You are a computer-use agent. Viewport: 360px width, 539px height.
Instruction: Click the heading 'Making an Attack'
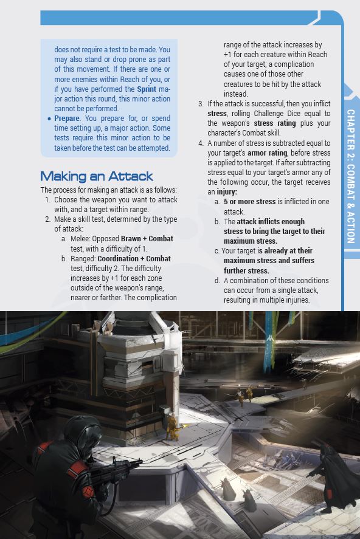(96, 176)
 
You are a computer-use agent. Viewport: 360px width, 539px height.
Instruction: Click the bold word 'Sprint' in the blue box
(146, 89)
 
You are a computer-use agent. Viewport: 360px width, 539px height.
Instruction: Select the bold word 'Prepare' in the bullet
(66, 118)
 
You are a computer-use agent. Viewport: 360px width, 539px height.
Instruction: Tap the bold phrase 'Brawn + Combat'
(146, 239)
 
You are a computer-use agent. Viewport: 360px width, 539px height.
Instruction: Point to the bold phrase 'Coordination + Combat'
(134, 259)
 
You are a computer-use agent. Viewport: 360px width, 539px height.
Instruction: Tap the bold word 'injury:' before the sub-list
(227, 192)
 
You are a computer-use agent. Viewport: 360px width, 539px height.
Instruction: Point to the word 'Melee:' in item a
(81, 239)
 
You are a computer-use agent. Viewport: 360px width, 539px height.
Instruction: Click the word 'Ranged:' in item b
(83, 259)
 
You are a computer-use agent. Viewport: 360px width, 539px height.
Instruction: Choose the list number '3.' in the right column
(201, 104)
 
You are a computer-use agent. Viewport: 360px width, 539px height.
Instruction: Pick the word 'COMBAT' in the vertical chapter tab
(351, 176)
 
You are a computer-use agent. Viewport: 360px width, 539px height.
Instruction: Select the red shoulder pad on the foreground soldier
(77, 466)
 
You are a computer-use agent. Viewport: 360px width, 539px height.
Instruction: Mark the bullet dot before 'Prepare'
(49, 118)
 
